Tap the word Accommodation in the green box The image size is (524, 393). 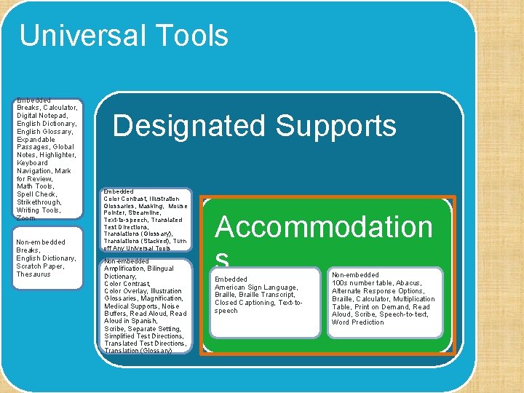[324, 227]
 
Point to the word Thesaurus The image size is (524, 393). [33, 274]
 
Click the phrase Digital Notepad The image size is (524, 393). [42, 116]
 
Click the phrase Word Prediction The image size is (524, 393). [358, 322]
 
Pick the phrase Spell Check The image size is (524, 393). [36, 194]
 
